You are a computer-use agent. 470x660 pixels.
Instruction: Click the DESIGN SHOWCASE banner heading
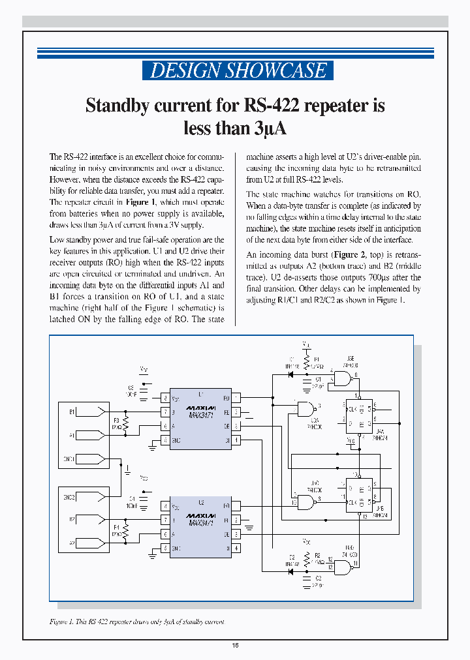tap(238, 70)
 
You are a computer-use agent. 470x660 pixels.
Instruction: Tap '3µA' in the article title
tap(269, 128)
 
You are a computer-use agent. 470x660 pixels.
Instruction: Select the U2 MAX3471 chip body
tap(200, 527)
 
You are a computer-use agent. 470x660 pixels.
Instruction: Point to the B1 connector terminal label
tap(72, 412)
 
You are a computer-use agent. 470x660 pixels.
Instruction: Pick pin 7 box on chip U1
tap(166, 412)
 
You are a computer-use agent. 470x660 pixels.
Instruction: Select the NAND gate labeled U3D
tap(345, 565)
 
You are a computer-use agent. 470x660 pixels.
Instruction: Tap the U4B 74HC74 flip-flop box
tap(358, 496)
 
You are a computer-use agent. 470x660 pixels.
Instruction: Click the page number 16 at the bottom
tap(235, 646)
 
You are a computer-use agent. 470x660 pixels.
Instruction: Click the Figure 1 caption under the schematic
tap(136, 622)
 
